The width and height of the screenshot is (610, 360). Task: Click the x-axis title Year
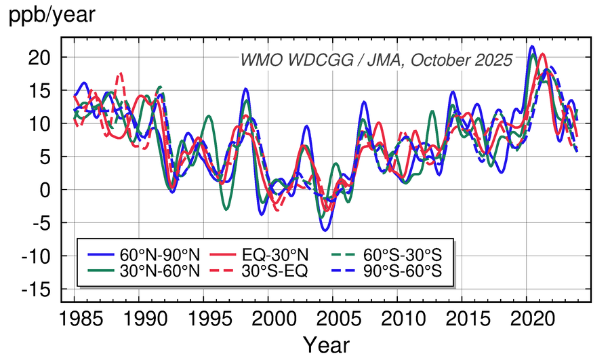pos(325,344)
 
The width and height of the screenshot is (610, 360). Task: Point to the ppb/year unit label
pos(47,15)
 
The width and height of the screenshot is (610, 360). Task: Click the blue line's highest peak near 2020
pos(532,46)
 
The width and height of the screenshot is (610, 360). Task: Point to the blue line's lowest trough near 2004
pos(325,231)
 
